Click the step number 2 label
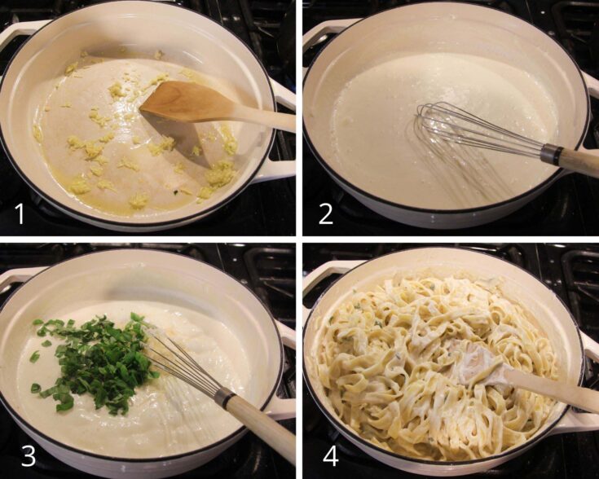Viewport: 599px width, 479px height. [x=326, y=213]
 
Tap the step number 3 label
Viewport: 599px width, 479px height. [x=28, y=455]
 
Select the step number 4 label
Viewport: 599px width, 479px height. [x=326, y=455]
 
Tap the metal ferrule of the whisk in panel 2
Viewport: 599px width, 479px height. [x=551, y=154]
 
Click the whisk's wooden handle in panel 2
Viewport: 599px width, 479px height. [x=580, y=162]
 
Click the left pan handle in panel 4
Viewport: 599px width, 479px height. [x=318, y=272]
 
